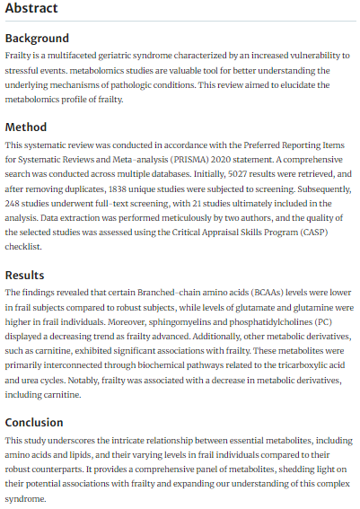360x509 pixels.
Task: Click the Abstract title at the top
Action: [x=31, y=9]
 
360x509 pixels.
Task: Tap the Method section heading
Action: [x=26, y=127]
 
